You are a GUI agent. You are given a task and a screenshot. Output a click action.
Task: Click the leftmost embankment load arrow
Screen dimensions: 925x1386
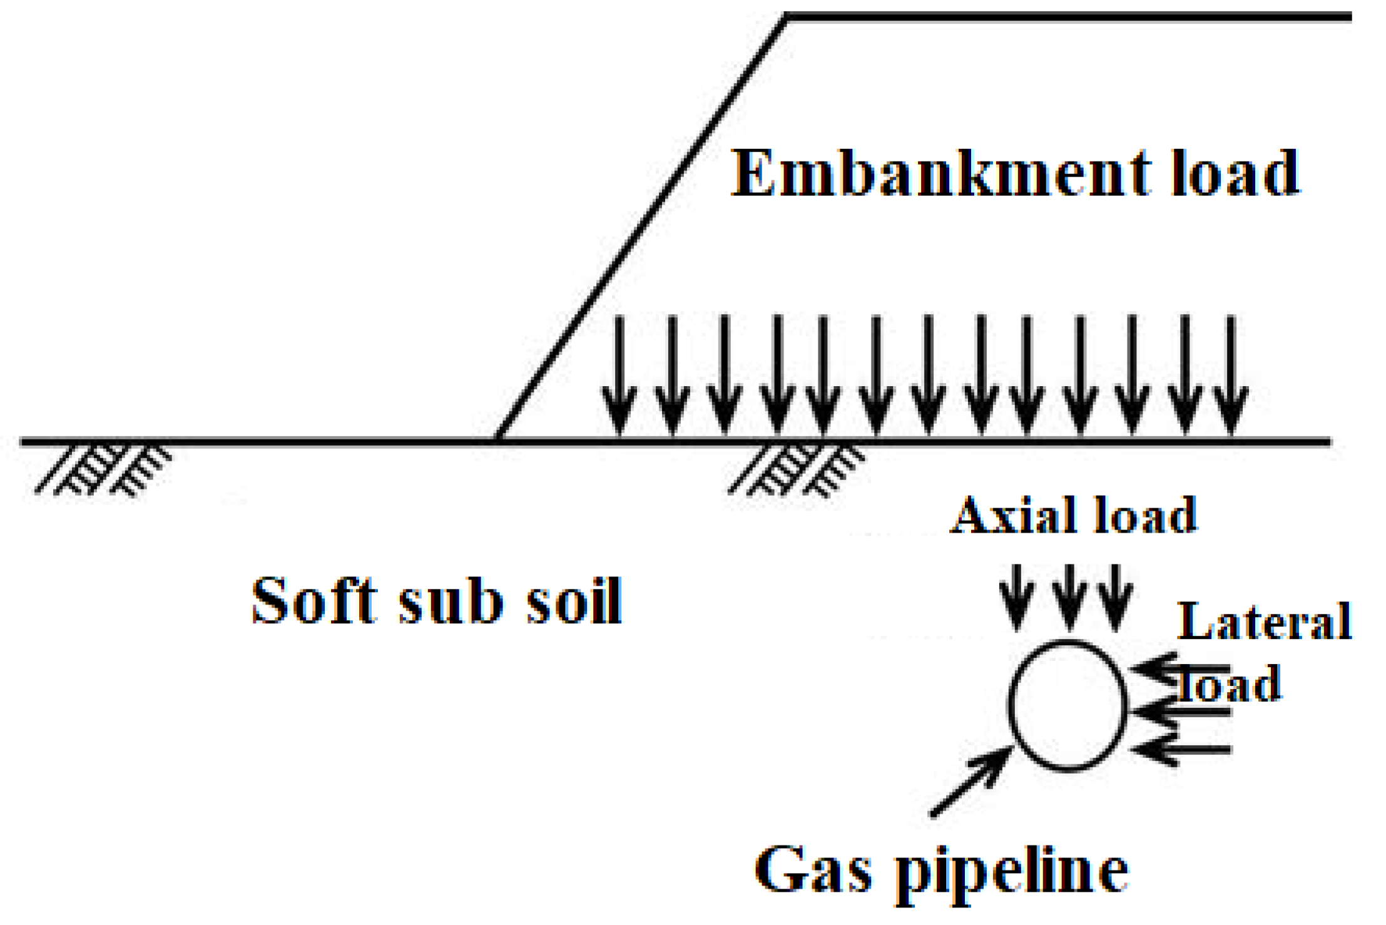(x=619, y=376)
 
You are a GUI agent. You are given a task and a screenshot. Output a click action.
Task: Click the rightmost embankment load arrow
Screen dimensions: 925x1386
(x=1231, y=376)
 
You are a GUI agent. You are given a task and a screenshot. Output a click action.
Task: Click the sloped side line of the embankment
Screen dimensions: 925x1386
(x=641, y=228)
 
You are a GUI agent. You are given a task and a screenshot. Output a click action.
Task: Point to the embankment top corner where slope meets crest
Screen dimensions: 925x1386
(x=787, y=18)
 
